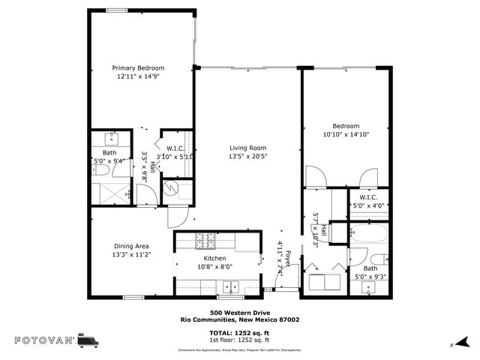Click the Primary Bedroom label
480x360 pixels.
138,67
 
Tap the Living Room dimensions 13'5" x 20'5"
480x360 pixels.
247,157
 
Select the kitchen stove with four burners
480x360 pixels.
205,241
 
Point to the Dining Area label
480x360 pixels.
130,246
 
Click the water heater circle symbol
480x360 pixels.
170,189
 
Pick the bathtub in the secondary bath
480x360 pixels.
368,235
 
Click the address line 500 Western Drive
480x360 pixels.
239,313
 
